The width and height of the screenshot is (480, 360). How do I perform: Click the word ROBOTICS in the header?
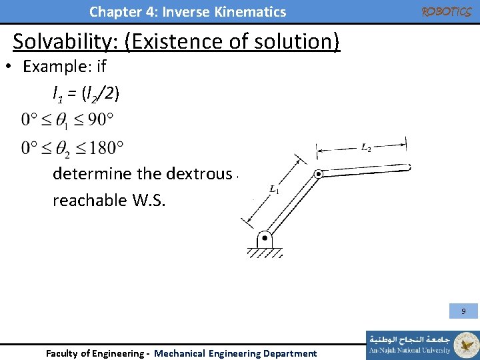click(447, 12)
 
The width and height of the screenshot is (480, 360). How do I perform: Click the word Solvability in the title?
click(67, 41)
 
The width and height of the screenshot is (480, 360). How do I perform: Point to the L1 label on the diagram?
click(274, 191)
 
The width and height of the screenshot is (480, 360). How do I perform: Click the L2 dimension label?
click(366, 148)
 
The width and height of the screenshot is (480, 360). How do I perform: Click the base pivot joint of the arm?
click(265, 237)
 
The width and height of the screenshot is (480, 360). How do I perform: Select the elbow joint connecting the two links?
click(319, 174)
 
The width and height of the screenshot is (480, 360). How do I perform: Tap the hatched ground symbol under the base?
click(265, 253)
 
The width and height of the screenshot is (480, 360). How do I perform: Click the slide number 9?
click(463, 311)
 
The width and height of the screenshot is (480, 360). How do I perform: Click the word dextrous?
click(197, 174)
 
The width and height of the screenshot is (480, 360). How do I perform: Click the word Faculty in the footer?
click(61, 353)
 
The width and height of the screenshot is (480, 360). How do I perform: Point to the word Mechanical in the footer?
click(179, 353)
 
